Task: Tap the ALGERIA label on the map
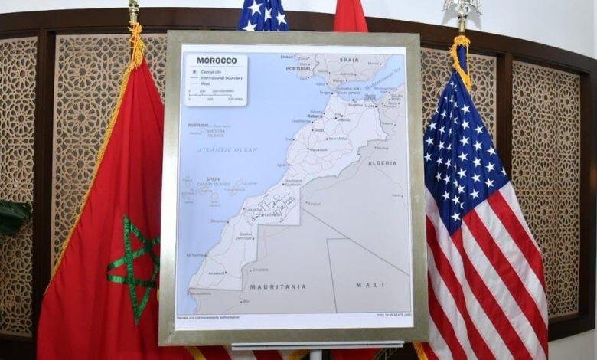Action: click(382, 163)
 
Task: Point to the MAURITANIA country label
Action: click(278, 286)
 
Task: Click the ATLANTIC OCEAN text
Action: click(227, 149)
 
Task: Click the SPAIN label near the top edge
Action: click(348, 59)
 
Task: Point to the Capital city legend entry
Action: click(217, 71)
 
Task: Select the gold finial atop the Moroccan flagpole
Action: click(134, 11)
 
